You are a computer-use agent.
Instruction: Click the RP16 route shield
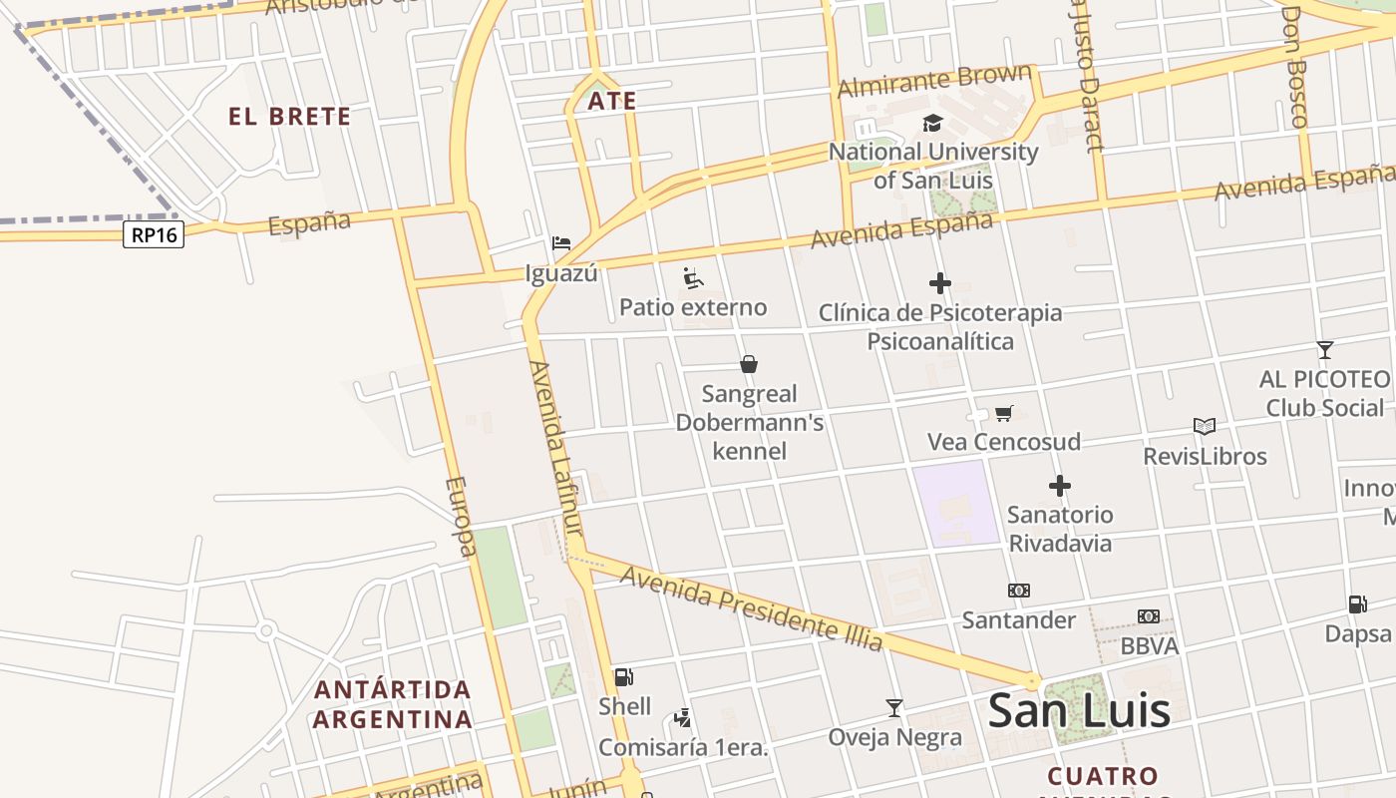tap(154, 234)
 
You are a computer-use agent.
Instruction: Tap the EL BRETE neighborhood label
tap(289, 117)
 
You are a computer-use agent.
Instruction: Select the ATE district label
tap(611, 101)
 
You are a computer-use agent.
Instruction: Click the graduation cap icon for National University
tap(932, 123)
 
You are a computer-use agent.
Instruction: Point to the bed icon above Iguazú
tap(561, 243)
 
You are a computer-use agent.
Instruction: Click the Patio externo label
tap(693, 307)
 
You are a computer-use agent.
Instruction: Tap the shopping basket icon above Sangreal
tap(749, 364)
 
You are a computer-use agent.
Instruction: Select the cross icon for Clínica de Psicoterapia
tap(939, 283)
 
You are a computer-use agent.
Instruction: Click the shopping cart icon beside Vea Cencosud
tap(1004, 413)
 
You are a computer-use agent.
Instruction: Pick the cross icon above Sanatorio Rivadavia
tap(1059, 486)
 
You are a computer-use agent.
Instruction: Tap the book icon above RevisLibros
tap(1205, 427)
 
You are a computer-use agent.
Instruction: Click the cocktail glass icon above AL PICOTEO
tap(1324, 350)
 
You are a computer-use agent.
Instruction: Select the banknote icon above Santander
tap(1018, 591)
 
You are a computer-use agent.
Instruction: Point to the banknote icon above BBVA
tap(1149, 616)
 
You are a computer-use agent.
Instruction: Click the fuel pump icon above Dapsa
tap(1357, 603)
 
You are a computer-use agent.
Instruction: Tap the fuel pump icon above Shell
tap(624, 677)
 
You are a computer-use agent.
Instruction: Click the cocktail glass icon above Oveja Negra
tap(894, 708)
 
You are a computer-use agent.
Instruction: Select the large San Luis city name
tap(1078, 710)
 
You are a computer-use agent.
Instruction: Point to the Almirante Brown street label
tap(934, 80)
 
